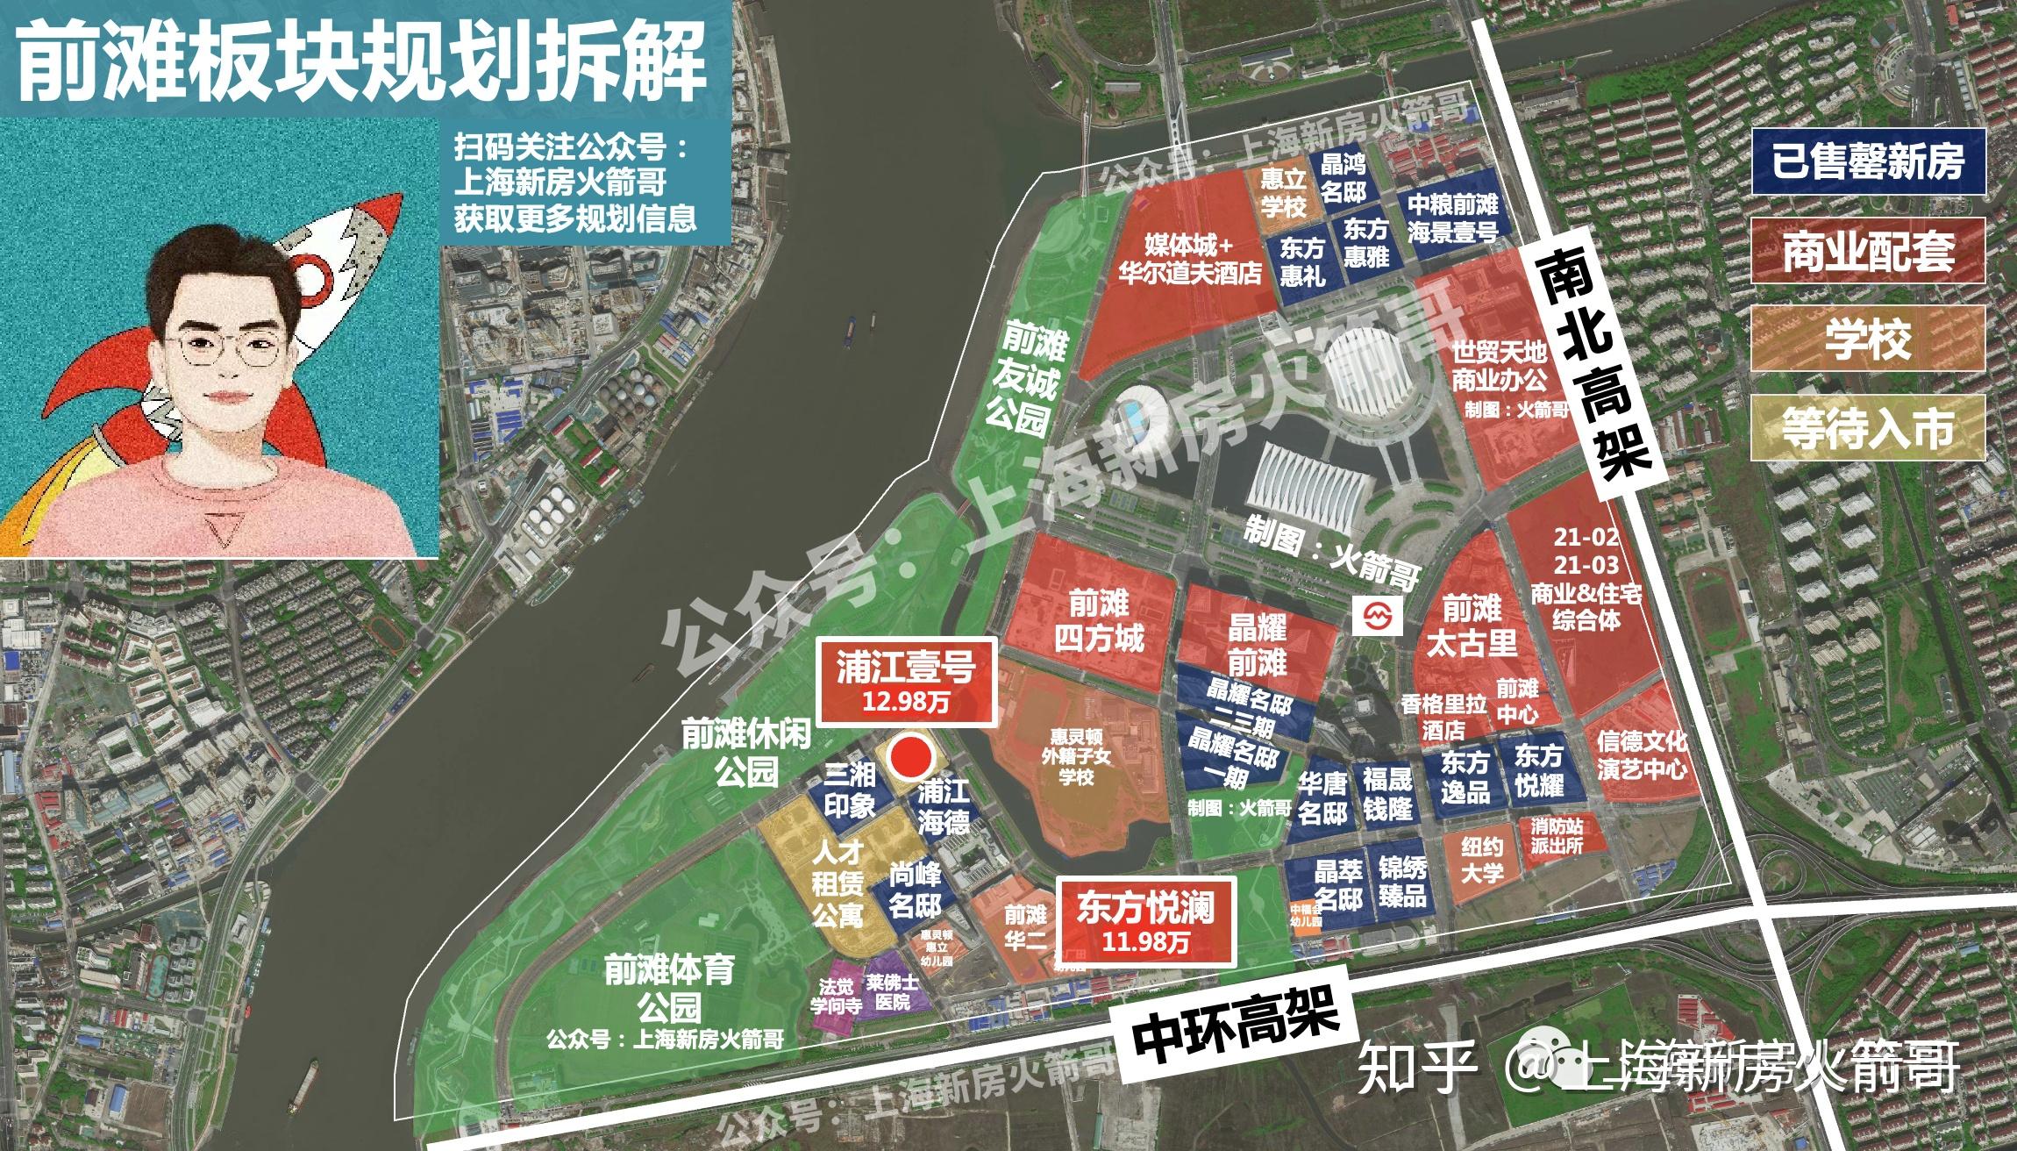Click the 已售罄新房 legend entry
1867,161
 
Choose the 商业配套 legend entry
1867,251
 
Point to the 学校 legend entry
1867,339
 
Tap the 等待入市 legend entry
1867,428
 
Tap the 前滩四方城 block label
1099,620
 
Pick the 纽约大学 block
1481,861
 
